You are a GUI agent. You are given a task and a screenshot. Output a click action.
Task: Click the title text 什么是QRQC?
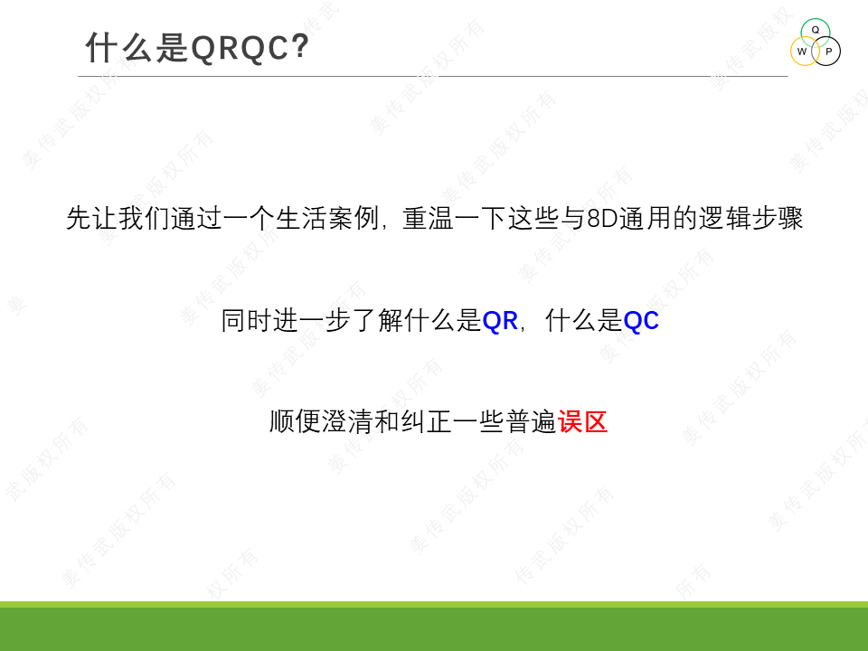(x=197, y=47)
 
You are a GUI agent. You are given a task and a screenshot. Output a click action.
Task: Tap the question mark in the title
(x=300, y=46)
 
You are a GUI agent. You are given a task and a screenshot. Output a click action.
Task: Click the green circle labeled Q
(x=816, y=33)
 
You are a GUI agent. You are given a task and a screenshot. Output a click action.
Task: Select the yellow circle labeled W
(x=805, y=52)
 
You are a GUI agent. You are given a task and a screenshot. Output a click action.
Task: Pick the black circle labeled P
(x=826, y=52)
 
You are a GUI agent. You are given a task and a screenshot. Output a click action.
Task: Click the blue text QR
(x=500, y=321)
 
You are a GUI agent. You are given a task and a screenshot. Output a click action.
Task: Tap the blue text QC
(x=641, y=321)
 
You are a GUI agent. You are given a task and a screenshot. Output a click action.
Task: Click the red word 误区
(x=583, y=422)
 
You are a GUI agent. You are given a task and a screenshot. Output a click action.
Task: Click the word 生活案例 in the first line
(x=327, y=218)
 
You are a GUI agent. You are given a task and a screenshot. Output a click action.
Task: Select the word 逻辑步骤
(x=750, y=218)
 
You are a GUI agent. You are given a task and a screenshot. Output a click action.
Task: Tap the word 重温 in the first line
(x=429, y=218)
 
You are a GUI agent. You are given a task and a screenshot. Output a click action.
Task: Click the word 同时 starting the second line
(x=247, y=321)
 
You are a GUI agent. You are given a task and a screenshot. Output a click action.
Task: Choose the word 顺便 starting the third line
(x=295, y=422)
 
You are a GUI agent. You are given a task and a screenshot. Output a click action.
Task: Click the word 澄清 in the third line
(x=347, y=422)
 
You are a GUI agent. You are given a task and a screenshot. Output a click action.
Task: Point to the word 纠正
(x=426, y=422)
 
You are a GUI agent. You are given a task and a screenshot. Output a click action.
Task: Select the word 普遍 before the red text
(x=531, y=422)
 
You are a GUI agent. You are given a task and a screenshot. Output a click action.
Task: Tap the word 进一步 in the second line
(x=312, y=321)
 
